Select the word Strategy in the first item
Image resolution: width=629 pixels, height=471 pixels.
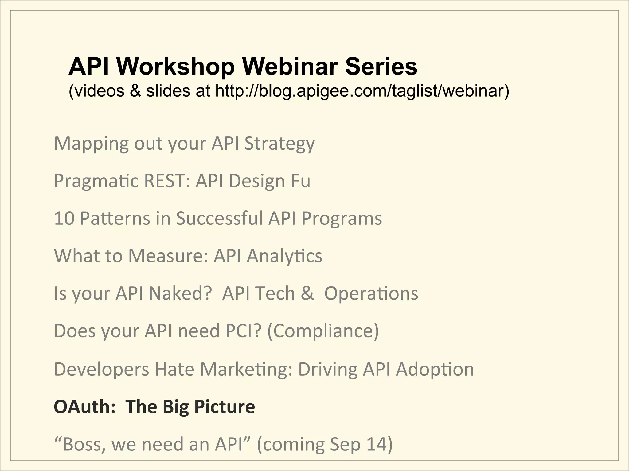tap(279, 144)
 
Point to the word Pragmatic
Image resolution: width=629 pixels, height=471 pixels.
tap(96, 181)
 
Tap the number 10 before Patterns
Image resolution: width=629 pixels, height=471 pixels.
tap(64, 219)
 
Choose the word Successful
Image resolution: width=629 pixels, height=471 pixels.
tap(219, 219)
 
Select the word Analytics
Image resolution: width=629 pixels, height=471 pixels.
tap(284, 256)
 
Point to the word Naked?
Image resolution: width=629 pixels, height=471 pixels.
tap(180, 293)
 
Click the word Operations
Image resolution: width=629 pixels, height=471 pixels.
tap(371, 294)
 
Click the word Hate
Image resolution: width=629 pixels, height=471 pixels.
tap(174, 369)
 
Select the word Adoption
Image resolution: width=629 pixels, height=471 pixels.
tap(435, 370)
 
